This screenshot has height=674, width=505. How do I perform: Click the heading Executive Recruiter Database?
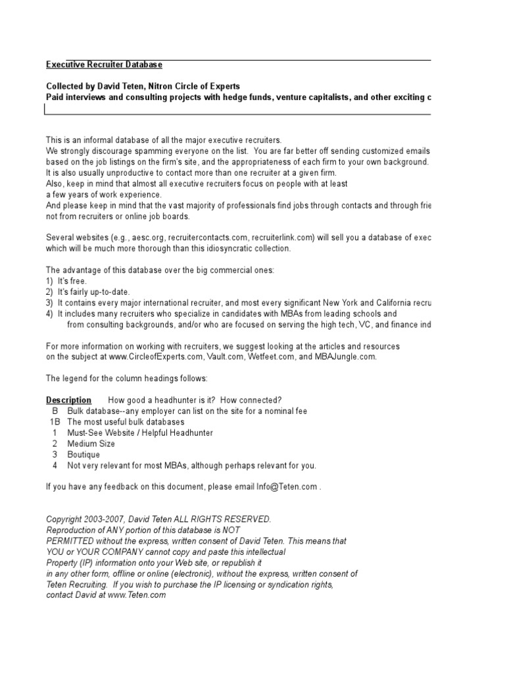[104, 65]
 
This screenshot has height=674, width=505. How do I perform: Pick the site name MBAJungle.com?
[346, 357]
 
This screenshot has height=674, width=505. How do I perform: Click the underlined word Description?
[68, 400]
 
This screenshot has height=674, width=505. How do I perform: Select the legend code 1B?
[55, 422]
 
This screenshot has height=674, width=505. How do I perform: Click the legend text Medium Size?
[91, 444]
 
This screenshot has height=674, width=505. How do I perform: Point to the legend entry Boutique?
[83, 455]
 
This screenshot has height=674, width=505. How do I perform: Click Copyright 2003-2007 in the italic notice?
[87, 519]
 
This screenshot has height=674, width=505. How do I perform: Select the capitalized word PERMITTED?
[72, 541]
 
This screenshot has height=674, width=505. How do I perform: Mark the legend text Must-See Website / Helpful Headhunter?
[139, 433]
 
